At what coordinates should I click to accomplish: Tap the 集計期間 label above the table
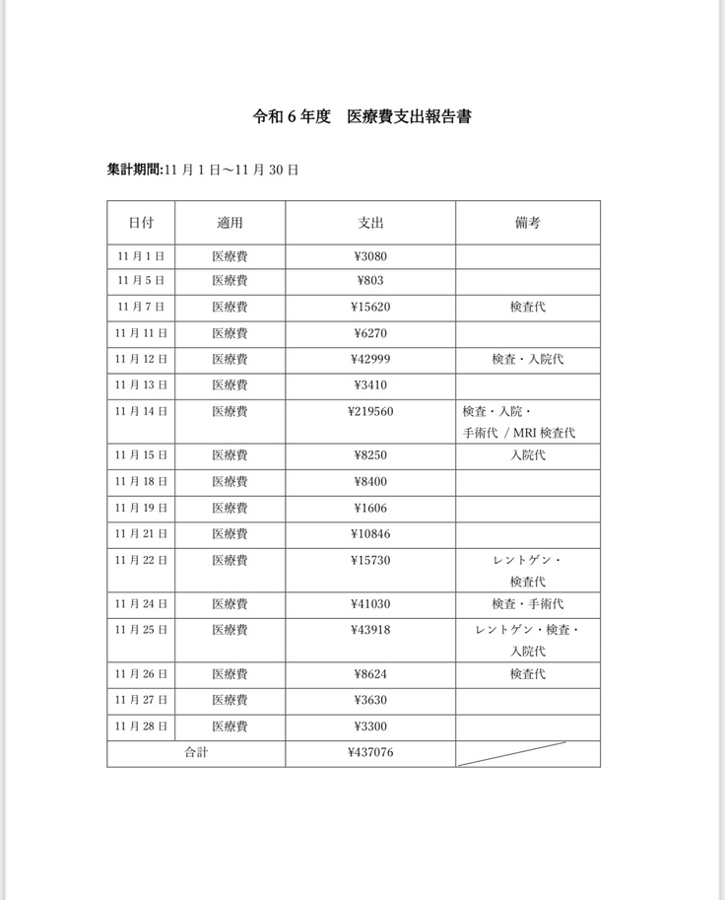click(135, 170)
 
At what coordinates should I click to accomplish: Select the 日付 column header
click(141, 223)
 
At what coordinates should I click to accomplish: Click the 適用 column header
click(230, 223)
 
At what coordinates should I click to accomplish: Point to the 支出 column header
click(370, 223)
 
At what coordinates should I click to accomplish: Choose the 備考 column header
click(527, 223)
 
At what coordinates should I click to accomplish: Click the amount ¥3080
click(370, 256)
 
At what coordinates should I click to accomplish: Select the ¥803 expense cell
click(370, 281)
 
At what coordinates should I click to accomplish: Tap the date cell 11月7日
click(141, 308)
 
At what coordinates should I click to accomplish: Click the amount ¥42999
click(370, 360)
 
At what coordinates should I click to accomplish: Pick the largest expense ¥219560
click(370, 411)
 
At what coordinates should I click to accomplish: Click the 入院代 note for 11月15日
click(527, 455)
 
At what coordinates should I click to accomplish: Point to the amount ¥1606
click(370, 508)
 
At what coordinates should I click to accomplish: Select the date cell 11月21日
click(141, 534)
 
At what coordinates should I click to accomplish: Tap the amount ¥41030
click(370, 603)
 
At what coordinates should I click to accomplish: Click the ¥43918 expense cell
click(370, 630)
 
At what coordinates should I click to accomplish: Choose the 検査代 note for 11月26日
click(527, 674)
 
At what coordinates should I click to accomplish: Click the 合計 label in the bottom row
click(196, 753)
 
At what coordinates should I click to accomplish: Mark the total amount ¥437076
click(370, 753)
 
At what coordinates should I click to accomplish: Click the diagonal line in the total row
click(527, 753)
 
